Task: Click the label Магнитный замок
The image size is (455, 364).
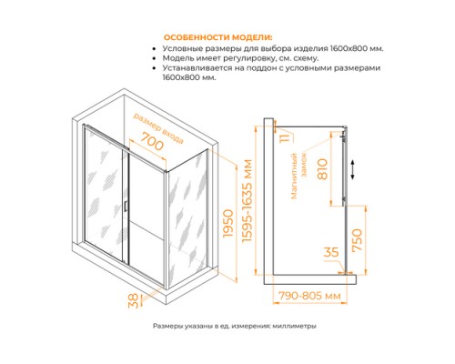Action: click(x=306, y=168)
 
